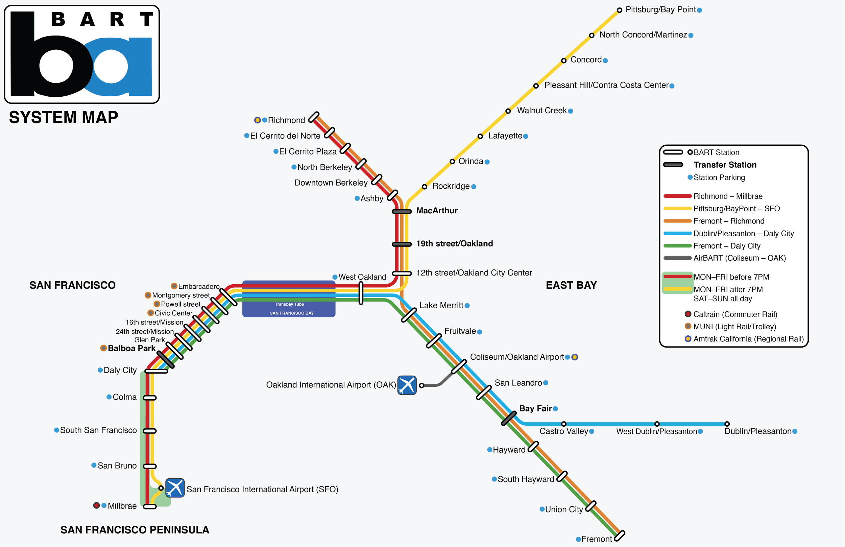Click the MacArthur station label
tap(437, 211)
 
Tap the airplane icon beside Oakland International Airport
tap(407, 385)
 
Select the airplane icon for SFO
tap(175, 488)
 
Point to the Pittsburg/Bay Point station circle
tap(619, 10)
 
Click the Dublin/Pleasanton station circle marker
tap(727, 424)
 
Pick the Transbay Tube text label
tap(289, 304)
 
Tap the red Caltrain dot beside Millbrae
tap(96, 505)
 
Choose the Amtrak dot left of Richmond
tap(258, 120)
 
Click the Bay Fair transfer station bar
tap(509, 419)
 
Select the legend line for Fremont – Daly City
tap(677, 246)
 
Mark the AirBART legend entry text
tap(739, 258)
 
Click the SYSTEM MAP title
tap(64, 117)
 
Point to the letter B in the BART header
tap(58, 19)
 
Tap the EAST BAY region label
tap(571, 285)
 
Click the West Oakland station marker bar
tap(361, 293)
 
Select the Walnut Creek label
tap(541, 111)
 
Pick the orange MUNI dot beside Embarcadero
tap(174, 286)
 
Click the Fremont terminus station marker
tap(619, 536)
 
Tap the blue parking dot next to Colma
tap(109, 397)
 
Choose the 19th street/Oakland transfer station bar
tap(402, 244)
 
